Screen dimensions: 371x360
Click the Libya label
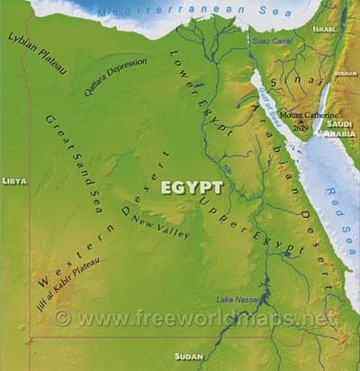coord(14,181)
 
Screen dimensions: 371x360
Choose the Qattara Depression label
coord(113,76)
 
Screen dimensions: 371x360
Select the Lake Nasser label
coord(237,299)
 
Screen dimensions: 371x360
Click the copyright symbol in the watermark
coord(61,318)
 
